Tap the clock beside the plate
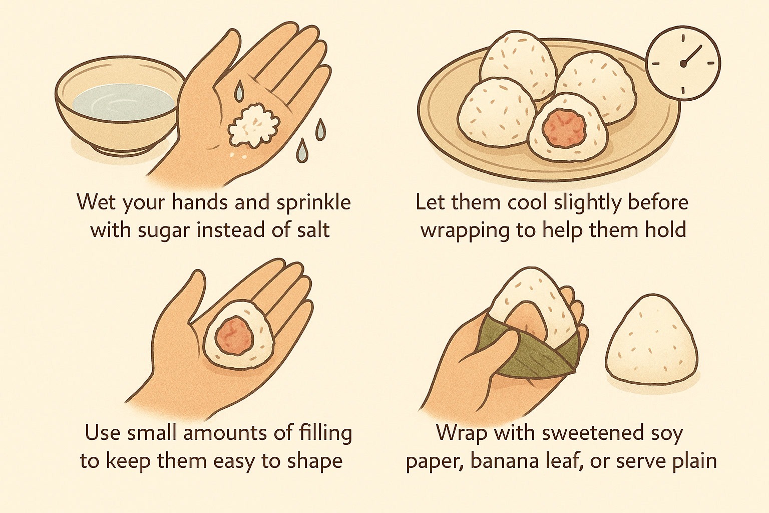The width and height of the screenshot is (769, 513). (683, 63)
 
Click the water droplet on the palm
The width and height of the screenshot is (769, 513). (239, 91)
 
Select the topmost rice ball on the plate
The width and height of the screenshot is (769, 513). (521, 59)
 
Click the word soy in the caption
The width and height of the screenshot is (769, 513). (666, 433)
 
